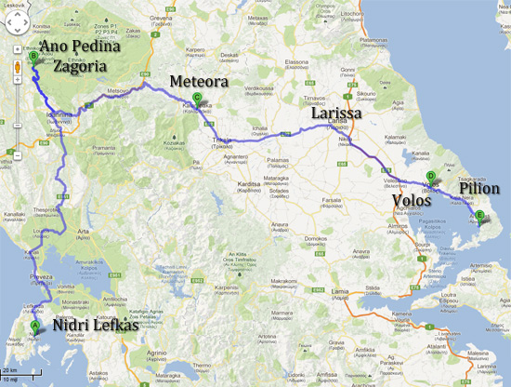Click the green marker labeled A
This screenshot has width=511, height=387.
[36, 325]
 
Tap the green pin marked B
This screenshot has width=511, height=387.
[33, 56]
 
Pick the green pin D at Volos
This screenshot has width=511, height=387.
[430, 176]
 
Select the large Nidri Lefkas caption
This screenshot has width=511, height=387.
[91, 327]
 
